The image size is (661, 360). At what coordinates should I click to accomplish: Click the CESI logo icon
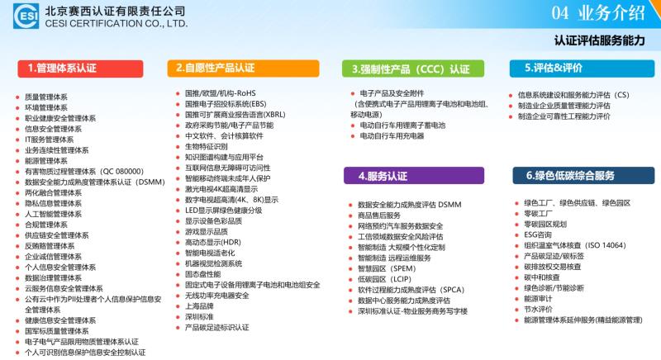26,16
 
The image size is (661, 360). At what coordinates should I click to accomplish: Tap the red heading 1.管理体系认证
80,69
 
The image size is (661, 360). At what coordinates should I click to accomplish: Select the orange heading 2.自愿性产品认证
243,69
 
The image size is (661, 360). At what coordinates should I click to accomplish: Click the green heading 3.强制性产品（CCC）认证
413,69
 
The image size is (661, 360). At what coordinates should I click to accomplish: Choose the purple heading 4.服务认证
414,176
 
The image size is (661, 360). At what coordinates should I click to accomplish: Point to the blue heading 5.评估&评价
582,69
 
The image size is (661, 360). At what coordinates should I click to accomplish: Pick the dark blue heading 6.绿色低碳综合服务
583,176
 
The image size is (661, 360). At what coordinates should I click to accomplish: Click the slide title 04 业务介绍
598,13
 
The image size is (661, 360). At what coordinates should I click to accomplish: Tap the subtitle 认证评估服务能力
600,40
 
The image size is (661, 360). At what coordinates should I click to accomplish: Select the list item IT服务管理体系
50,140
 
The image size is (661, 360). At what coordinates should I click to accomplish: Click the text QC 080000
122,172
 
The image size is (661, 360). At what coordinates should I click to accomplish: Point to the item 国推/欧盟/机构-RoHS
220,93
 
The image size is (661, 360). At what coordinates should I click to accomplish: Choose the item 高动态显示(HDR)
213,242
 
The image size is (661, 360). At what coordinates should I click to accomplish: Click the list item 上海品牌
199,306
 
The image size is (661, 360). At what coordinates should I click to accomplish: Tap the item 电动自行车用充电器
392,135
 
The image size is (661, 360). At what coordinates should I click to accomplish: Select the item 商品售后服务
379,216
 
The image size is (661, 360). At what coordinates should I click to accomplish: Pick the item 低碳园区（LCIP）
384,279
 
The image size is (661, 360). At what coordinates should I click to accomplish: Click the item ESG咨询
538,234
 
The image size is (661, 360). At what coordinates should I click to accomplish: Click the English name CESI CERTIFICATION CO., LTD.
117,24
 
